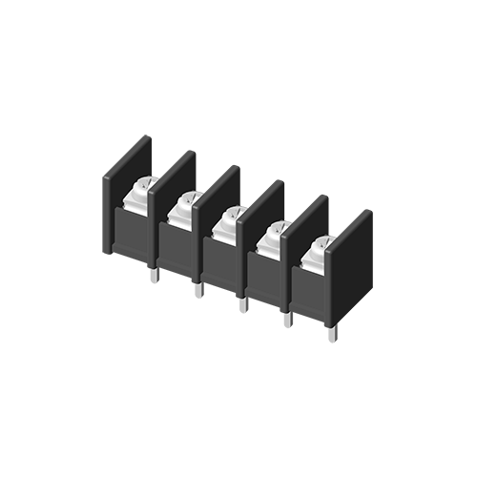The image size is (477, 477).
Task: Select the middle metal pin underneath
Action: tap(243, 303)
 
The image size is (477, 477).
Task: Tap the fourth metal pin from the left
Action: tap(287, 319)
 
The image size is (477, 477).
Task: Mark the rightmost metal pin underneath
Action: tap(332, 334)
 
